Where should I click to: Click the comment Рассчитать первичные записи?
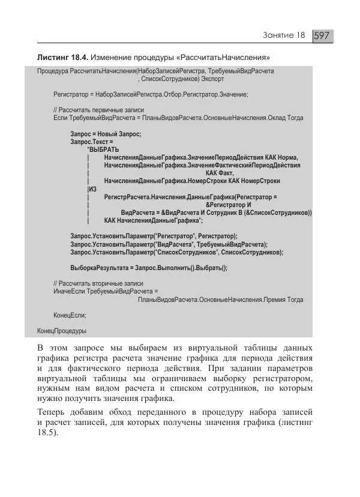click(x=98, y=110)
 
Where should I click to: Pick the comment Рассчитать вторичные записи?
click(x=98, y=283)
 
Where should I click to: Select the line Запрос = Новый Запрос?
click(x=105, y=134)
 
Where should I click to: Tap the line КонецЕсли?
click(x=70, y=315)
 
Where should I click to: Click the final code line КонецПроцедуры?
click(x=62, y=331)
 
